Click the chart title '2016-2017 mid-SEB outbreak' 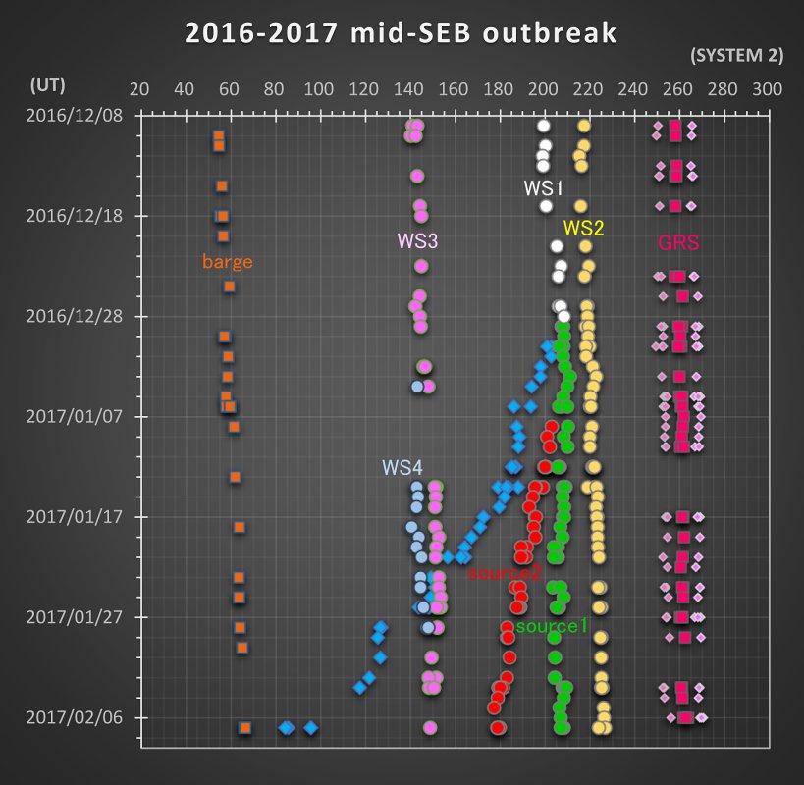click(401, 33)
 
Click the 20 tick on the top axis click(139, 89)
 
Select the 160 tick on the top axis click(454, 89)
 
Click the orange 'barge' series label click(227, 262)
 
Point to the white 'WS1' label click(543, 186)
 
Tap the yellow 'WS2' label click(583, 228)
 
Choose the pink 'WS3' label click(417, 240)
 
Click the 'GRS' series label click(679, 242)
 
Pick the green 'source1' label click(551, 625)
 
